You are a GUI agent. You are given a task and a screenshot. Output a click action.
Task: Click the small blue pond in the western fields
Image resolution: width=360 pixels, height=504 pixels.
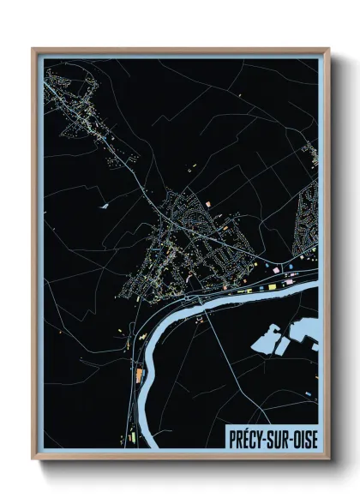104,206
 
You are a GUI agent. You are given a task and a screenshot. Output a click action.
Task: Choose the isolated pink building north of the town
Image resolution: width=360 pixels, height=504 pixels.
207,204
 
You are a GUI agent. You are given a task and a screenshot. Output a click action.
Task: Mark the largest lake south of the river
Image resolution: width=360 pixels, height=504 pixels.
267,340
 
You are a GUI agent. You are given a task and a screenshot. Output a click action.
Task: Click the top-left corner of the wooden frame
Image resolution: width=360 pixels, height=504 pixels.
33,49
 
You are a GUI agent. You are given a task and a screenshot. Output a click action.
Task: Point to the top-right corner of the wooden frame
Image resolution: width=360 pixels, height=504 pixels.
328,49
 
